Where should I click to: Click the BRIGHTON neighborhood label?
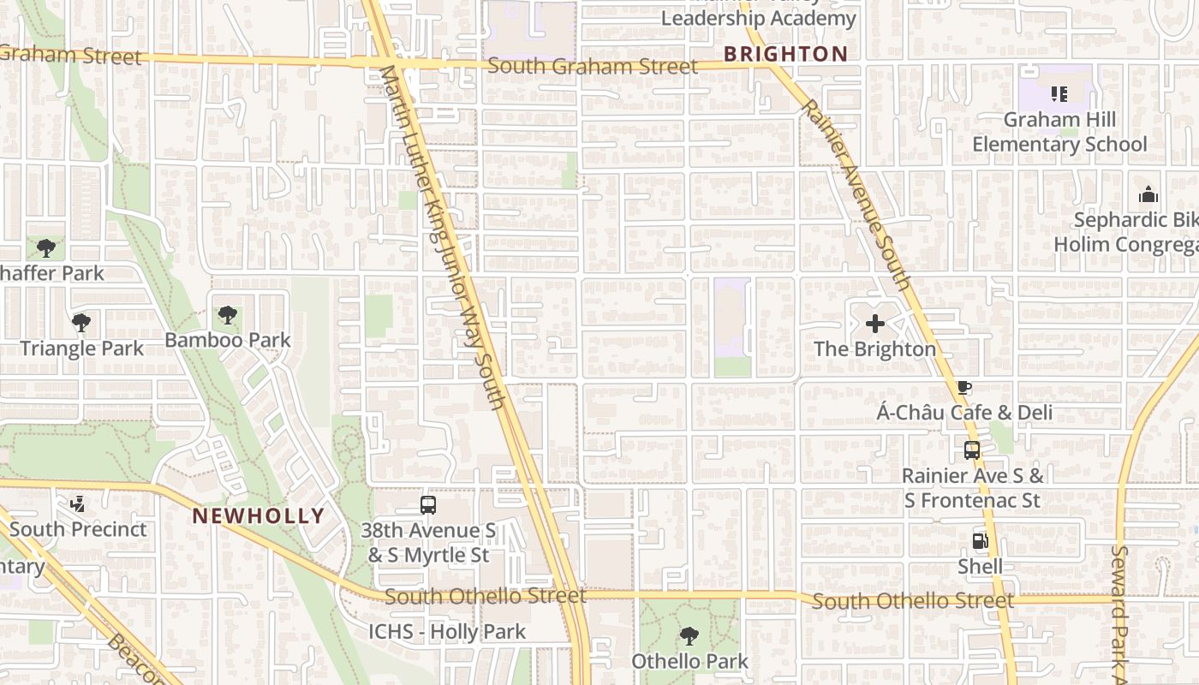click(x=785, y=54)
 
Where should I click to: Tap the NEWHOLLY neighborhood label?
click(x=258, y=516)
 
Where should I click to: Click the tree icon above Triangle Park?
click(x=81, y=323)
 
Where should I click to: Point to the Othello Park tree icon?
click(x=689, y=636)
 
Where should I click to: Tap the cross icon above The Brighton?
click(x=874, y=324)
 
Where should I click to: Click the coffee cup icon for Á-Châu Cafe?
click(x=963, y=388)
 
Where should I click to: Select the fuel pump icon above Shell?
click(x=980, y=541)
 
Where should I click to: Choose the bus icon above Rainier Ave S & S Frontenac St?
click(x=971, y=450)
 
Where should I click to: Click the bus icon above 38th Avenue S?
click(x=428, y=505)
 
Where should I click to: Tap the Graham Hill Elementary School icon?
click(x=1059, y=94)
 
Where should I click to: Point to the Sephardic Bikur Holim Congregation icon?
click(x=1148, y=195)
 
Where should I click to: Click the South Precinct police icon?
click(x=77, y=504)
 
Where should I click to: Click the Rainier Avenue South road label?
click(x=854, y=194)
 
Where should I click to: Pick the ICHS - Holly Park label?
click(x=447, y=632)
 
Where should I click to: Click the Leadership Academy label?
click(x=758, y=18)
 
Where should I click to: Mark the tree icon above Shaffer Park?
click(x=46, y=248)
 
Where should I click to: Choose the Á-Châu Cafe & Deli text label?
click(x=964, y=413)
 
